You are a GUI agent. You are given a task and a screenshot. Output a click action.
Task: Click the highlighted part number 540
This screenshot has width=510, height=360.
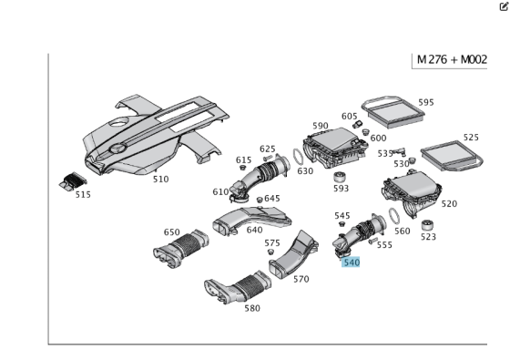click(352, 262)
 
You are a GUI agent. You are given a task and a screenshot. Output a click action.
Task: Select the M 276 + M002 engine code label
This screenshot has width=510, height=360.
click(452, 60)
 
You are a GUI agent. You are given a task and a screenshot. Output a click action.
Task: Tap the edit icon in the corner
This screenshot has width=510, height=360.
click(504, 6)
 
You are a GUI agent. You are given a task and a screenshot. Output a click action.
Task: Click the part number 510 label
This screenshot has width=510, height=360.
click(160, 179)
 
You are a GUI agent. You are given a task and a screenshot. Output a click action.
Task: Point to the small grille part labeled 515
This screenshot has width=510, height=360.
click(73, 181)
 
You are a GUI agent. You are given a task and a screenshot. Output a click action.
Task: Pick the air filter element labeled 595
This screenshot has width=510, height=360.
click(393, 112)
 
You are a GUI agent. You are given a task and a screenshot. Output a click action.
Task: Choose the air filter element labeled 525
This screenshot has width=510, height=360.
click(452, 156)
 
